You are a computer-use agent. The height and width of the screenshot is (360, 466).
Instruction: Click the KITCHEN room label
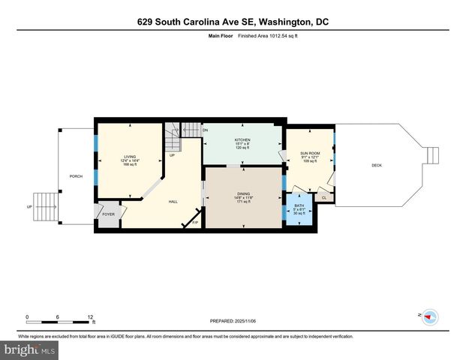click(x=242, y=140)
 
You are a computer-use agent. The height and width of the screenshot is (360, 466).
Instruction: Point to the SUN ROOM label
click(x=310, y=153)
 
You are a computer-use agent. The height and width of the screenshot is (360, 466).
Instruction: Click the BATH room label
click(x=299, y=205)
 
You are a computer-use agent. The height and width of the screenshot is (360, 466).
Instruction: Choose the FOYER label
click(x=108, y=214)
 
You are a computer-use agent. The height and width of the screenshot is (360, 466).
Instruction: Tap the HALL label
click(x=173, y=201)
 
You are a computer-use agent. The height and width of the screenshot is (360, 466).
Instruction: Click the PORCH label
click(x=76, y=177)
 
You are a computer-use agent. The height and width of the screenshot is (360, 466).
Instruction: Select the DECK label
click(x=377, y=165)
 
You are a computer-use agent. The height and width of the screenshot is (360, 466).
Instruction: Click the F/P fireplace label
click(x=195, y=222)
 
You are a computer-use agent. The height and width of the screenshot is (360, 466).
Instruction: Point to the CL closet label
click(x=324, y=198)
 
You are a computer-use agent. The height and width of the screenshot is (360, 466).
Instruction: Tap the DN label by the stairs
click(x=205, y=130)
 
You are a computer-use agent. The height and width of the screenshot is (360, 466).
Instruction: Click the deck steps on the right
click(x=431, y=155)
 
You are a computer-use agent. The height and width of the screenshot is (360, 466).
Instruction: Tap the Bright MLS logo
click(x=29, y=349)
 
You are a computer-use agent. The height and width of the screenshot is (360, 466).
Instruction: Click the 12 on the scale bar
click(x=91, y=316)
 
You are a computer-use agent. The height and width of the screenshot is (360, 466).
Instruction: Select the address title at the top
click(x=233, y=22)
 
